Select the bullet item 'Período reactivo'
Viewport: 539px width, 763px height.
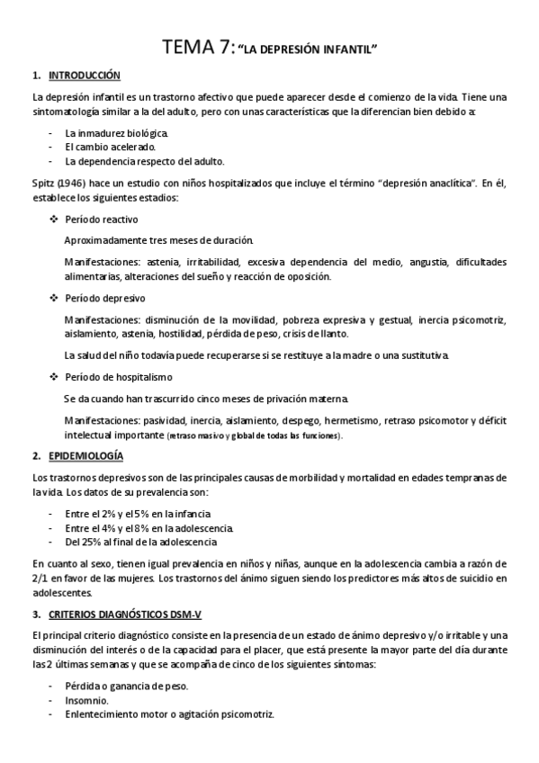(102, 220)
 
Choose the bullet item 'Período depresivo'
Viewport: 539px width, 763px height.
(104, 298)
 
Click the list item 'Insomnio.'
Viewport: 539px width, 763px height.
(87, 700)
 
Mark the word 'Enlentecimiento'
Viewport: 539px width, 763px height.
(102, 714)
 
